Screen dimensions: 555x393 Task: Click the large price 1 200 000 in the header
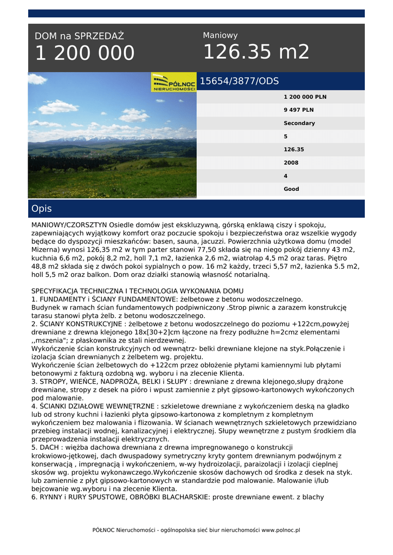click(x=85, y=53)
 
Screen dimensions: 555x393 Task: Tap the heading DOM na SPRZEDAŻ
click(x=79, y=36)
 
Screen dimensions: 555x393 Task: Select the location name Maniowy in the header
click(x=220, y=35)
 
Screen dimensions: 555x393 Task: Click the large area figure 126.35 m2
click(x=256, y=52)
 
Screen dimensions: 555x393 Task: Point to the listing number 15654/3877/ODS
click(x=239, y=81)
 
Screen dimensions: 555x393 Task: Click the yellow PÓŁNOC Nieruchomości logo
click(x=173, y=82)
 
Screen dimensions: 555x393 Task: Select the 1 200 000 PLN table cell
click(x=305, y=97)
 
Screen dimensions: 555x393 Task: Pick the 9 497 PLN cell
click(x=298, y=110)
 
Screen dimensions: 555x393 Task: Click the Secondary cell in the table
click(x=299, y=123)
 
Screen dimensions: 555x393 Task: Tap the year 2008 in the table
click(x=291, y=163)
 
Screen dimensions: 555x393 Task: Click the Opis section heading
click(x=42, y=209)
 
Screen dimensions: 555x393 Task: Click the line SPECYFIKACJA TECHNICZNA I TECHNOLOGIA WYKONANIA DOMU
click(x=137, y=291)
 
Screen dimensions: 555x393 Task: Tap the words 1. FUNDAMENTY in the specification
click(x=58, y=299)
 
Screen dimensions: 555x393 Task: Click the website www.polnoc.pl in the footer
click(x=280, y=530)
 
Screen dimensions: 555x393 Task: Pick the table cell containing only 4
click(x=286, y=176)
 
